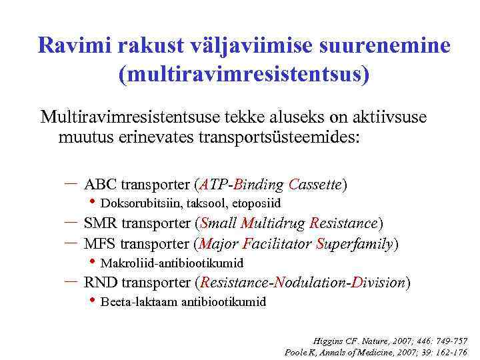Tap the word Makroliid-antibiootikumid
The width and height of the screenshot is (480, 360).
point(171,263)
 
